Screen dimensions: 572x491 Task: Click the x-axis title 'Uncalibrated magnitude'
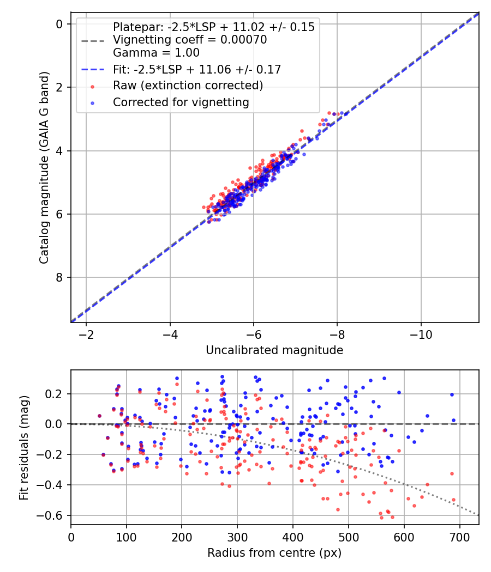click(x=274, y=350)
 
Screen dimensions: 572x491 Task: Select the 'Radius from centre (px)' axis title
click(x=274, y=553)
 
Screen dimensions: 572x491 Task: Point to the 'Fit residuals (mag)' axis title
click(x=23, y=447)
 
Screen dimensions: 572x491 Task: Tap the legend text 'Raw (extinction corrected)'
click(x=188, y=86)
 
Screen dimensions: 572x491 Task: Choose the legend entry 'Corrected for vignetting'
click(x=181, y=102)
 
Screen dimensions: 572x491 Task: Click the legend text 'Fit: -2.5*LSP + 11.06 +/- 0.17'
click(x=196, y=69)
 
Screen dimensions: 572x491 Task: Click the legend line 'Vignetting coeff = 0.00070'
click(x=189, y=40)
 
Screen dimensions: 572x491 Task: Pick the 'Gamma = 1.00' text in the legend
click(x=156, y=53)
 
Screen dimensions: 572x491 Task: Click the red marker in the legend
click(x=92, y=86)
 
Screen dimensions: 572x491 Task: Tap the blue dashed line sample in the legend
click(x=92, y=70)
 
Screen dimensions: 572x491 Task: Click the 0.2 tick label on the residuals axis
click(x=57, y=393)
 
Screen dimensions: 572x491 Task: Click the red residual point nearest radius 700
click(x=453, y=500)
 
